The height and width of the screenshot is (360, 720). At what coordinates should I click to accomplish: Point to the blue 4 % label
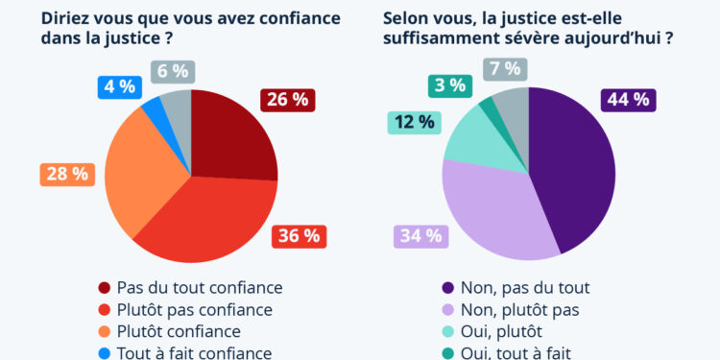pyautogui.click(x=119, y=86)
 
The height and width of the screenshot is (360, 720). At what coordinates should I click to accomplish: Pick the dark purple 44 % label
pyautogui.click(x=628, y=100)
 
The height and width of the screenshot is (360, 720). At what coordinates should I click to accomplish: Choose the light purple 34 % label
pyautogui.click(x=420, y=235)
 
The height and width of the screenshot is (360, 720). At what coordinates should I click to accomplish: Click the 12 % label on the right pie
pyautogui.click(x=415, y=123)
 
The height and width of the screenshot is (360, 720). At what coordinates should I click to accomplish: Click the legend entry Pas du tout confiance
pyautogui.click(x=190, y=287)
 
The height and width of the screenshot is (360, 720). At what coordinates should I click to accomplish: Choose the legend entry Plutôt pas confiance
pyautogui.click(x=184, y=309)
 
